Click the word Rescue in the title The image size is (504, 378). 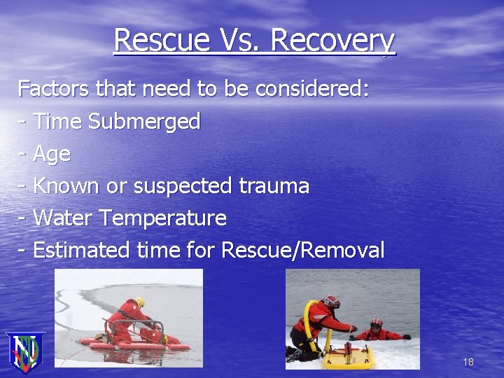pos(159,41)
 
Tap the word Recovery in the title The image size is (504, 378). pos(332,41)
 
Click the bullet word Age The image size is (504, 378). pos(52,154)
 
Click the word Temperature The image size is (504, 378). pos(162,218)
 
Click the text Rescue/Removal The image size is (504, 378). pos(302,251)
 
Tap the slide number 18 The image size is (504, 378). pos(468,362)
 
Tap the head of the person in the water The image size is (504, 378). pos(376,325)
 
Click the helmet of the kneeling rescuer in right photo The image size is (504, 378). pos(331,301)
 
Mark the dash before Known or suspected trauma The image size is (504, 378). pos(22,186)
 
